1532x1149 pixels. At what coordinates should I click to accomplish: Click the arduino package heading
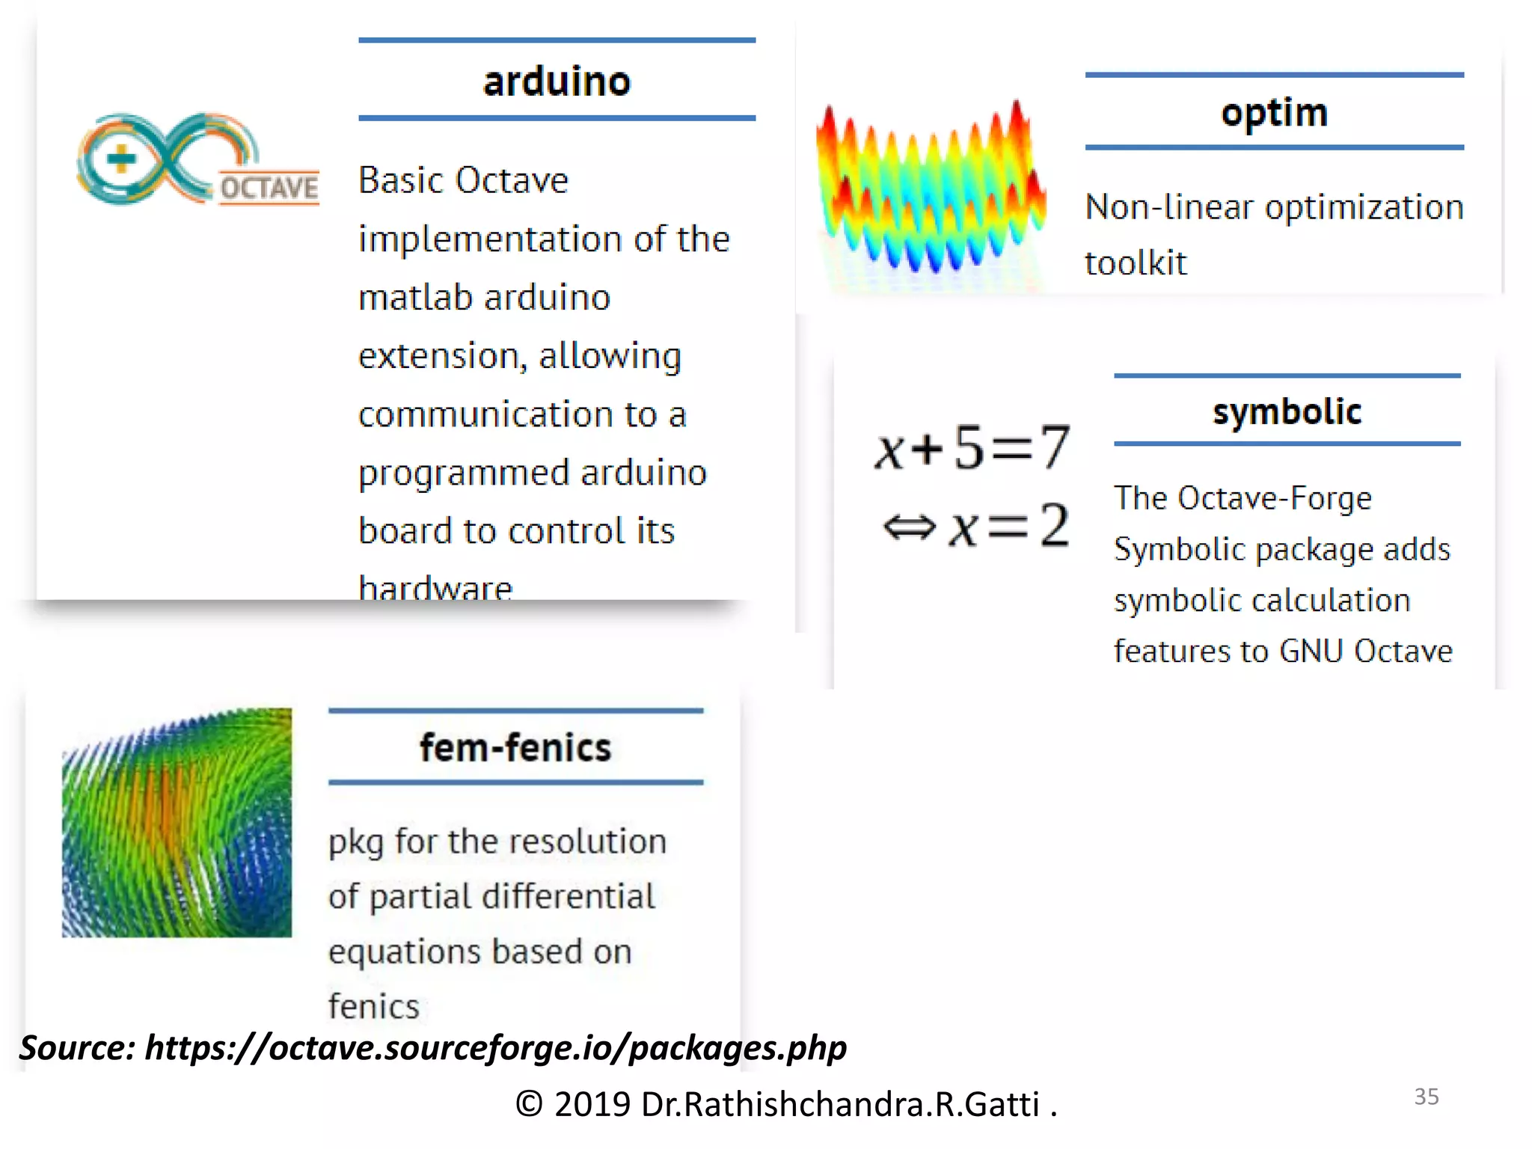pos(557,81)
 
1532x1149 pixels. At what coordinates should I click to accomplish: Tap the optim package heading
pos(1274,113)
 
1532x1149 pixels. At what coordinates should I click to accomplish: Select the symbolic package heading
pos(1287,411)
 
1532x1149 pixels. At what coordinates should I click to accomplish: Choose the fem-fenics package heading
pos(515,747)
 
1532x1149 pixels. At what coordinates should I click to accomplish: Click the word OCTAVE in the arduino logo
pos(269,188)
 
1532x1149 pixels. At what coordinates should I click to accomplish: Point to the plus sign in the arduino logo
pos(121,159)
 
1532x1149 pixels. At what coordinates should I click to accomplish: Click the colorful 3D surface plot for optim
pos(931,191)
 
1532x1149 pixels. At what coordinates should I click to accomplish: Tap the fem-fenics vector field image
pos(177,822)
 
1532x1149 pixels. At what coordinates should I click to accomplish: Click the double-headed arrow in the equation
pos(909,527)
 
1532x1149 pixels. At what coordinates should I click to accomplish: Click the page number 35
pos(1426,1097)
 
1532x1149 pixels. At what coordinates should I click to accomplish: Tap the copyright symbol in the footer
pos(529,1104)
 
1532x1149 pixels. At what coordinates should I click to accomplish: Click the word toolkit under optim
pos(1136,263)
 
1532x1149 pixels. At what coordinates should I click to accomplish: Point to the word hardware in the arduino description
pos(435,587)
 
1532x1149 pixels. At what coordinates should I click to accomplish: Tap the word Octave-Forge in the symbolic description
pos(1274,498)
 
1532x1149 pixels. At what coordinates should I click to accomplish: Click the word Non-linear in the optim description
pos(1168,207)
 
